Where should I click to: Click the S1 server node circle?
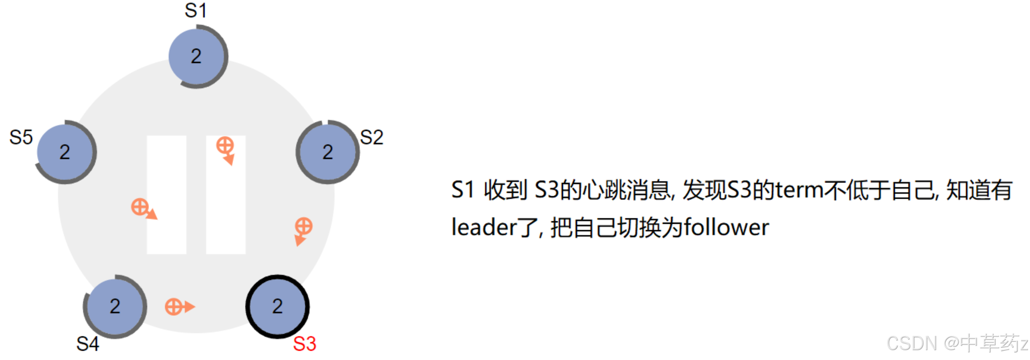(197, 57)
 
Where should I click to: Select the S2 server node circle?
(327, 152)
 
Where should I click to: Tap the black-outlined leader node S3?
(277, 306)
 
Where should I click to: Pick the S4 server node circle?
(115, 306)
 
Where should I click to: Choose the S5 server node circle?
(65, 152)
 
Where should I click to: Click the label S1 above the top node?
(195, 10)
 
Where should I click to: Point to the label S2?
(371, 137)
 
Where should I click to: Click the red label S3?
(304, 344)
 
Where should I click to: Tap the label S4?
(88, 344)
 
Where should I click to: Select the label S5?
(21, 137)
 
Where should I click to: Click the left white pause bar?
(167, 194)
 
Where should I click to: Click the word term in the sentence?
(799, 190)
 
